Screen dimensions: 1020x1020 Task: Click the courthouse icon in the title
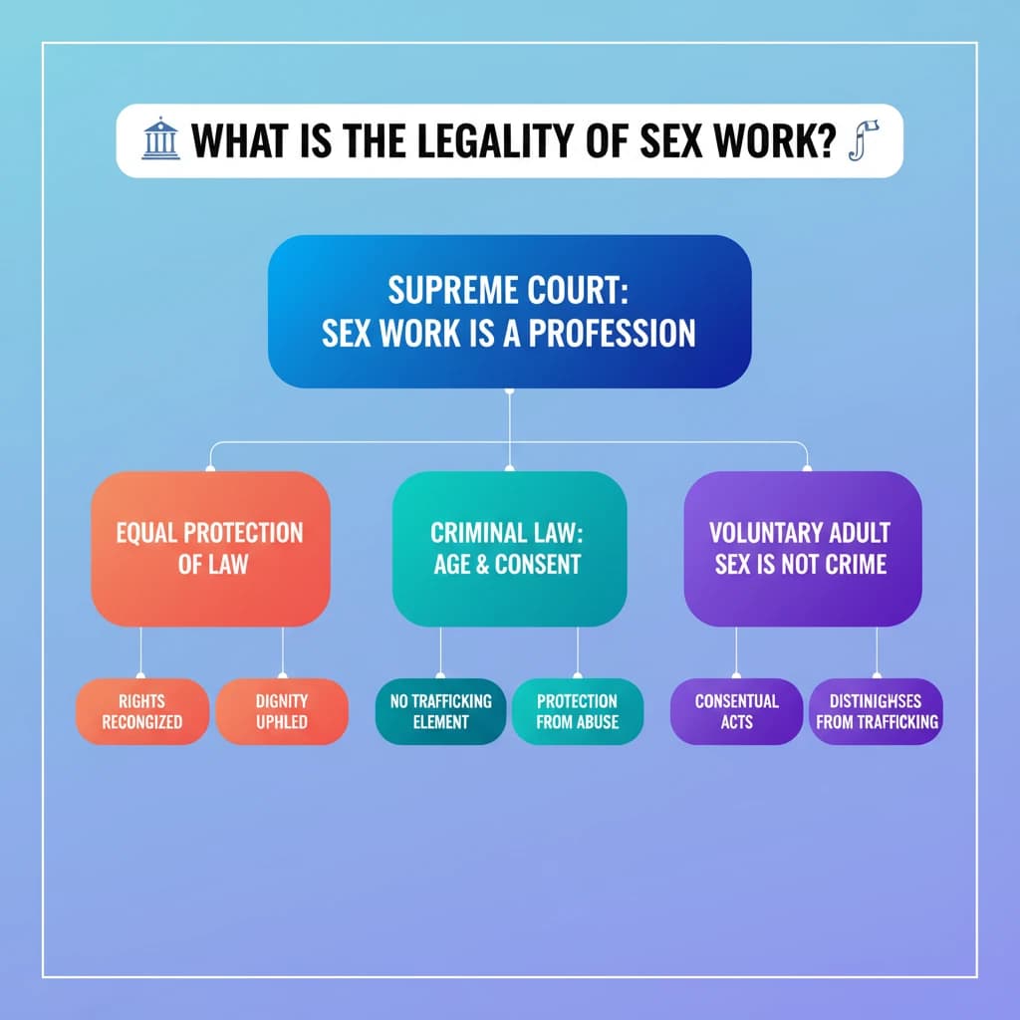point(159,141)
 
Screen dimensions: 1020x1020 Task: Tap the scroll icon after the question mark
point(856,141)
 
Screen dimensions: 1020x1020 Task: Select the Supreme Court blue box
point(509,312)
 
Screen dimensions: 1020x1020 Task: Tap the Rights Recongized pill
point(142,711)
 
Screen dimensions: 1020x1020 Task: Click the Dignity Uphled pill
point(282,711)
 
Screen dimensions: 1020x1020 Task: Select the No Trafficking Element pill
point(440,711)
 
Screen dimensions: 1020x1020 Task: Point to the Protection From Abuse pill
point(578,711)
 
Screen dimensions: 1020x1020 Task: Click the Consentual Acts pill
point(736,711)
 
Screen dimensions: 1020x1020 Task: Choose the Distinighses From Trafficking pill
point(877,711)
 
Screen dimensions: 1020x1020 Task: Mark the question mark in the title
point(822,141)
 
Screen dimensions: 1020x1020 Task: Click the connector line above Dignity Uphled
point(283,651)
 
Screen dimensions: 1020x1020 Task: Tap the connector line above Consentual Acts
point(736,651)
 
